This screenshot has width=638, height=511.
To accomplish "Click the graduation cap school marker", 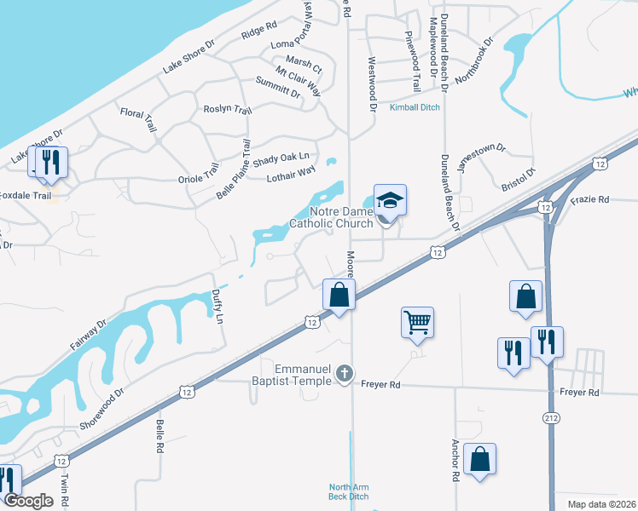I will pos(390,201).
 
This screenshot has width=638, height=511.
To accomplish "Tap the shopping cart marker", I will pos(417,323).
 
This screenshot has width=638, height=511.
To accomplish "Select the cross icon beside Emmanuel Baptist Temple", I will pos(345,373).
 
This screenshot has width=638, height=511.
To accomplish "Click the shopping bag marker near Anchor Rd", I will pos(479,459).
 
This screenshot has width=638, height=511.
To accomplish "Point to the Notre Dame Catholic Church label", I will pos(331,217).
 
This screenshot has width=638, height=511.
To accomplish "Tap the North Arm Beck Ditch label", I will pos(349,491).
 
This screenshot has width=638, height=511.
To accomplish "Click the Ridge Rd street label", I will pos(259,32).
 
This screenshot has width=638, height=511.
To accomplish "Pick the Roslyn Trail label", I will pos(228,110).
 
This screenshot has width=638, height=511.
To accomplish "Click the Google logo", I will pos(29,501).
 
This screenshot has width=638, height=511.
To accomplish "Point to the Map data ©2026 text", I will pos(591,504).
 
